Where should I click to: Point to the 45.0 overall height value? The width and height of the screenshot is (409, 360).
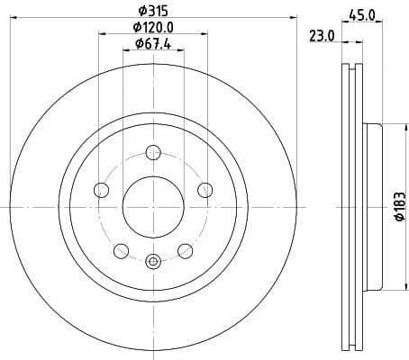coord(363,13)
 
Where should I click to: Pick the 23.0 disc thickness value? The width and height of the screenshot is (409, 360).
coord(322,36)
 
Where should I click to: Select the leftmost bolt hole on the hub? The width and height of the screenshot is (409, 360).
coord(101,189)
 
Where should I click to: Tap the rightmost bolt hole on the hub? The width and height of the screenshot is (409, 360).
coord(204,189)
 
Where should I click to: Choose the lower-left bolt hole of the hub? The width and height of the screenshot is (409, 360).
coord(121,249)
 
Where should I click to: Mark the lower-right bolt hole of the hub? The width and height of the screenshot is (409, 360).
coord(185,249)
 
